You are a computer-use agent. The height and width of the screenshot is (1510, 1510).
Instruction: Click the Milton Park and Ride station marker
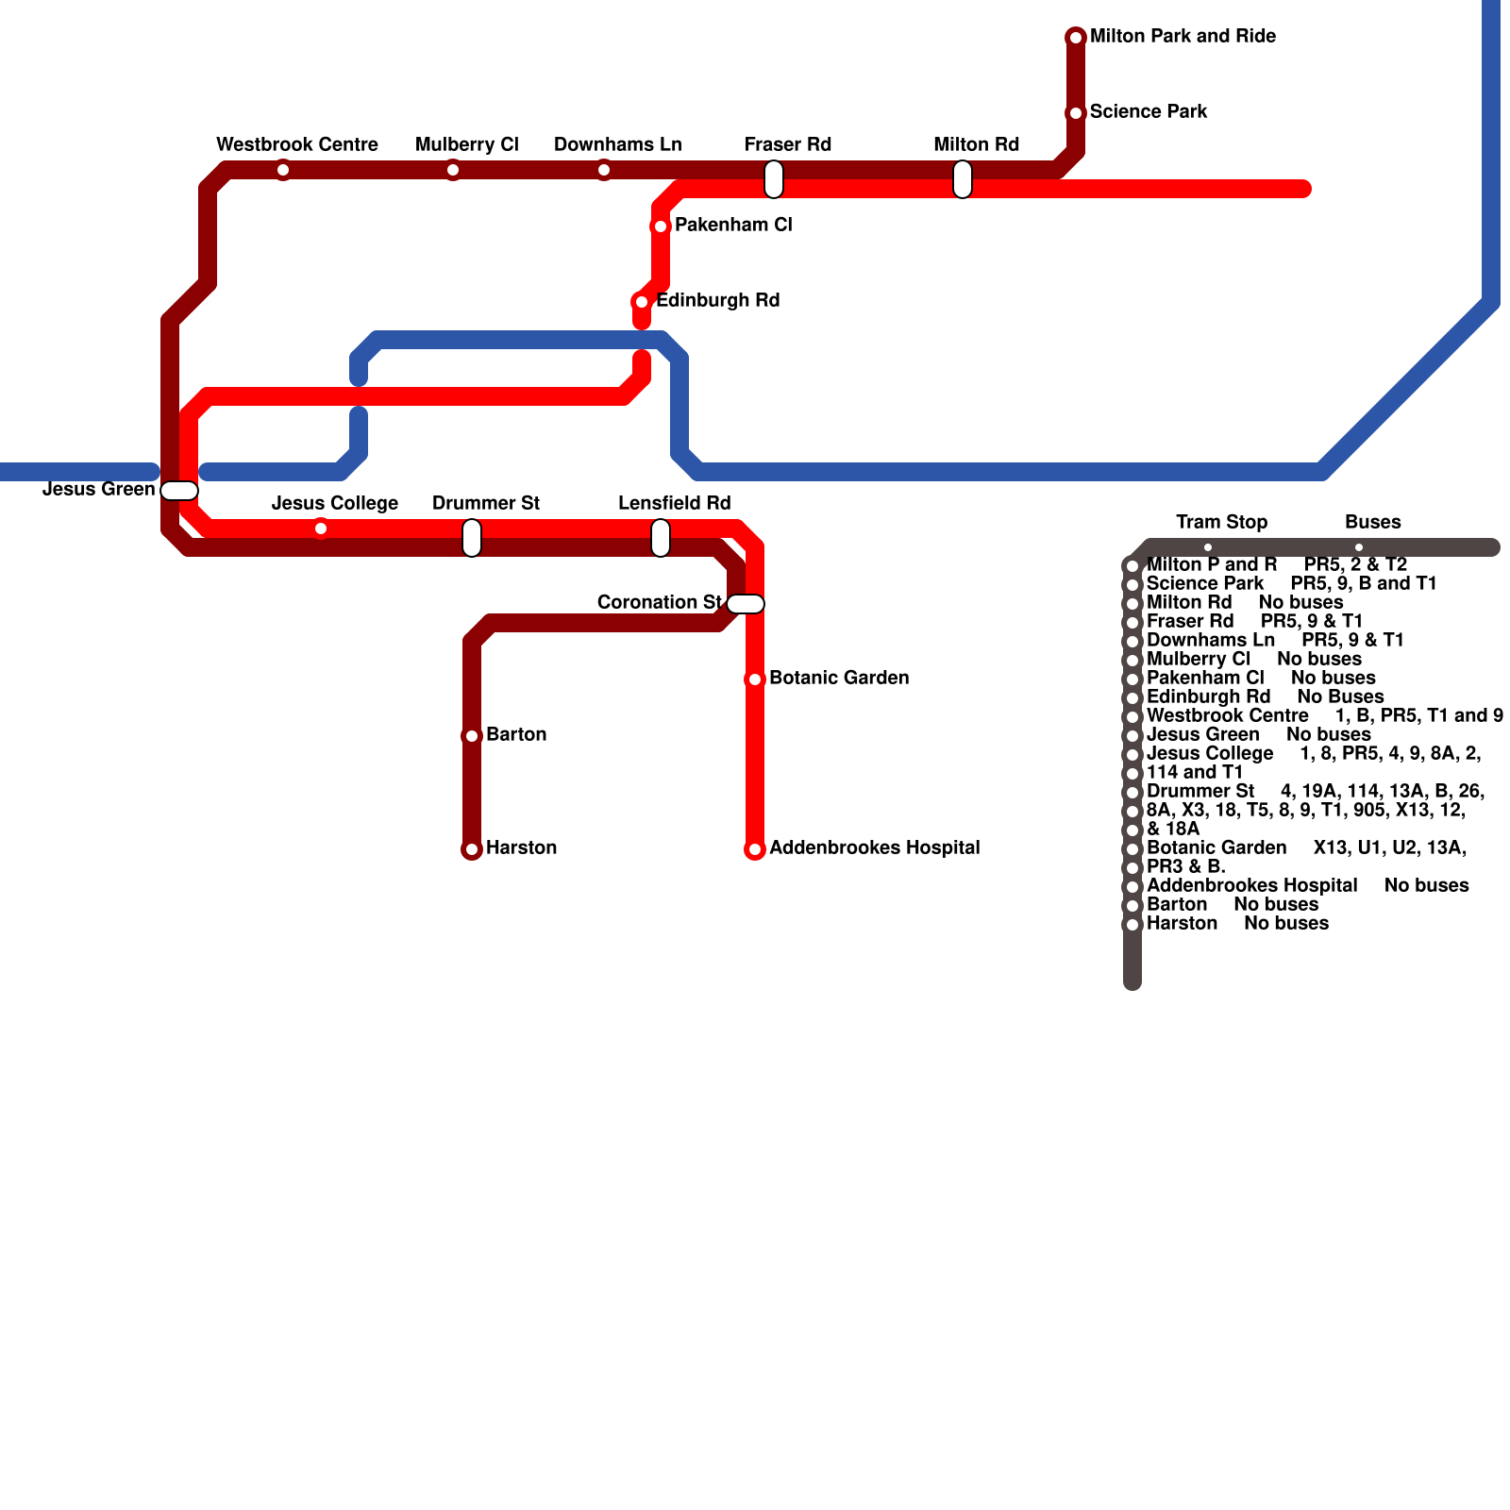[1076, 38]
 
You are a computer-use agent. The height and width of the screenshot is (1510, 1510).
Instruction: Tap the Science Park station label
[1149, 111]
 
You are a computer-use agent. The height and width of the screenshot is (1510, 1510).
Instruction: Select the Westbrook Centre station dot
[283, 170]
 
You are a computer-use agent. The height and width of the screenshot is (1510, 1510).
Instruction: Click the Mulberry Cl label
[467, 144]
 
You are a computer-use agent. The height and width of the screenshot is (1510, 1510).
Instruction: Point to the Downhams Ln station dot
[604, 170]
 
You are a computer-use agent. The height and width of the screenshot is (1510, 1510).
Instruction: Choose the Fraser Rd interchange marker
[774, 179]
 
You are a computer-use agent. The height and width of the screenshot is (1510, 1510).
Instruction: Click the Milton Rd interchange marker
[963, 179]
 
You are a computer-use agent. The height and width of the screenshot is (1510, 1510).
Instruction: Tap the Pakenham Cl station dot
[661, 226]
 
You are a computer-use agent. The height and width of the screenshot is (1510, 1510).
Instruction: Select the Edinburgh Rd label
[717, 300]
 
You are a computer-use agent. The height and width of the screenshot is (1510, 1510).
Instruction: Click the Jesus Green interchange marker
[179, 491]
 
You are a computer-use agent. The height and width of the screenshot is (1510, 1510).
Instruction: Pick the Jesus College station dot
[321, 528]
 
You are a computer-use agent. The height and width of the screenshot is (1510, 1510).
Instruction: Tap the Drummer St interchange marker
[472, 538]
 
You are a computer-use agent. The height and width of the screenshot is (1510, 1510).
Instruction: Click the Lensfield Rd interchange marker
[661, 538]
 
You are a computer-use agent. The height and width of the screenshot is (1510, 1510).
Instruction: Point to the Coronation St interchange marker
[746, 604]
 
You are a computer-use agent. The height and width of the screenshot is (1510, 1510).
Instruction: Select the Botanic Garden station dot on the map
[755, 679]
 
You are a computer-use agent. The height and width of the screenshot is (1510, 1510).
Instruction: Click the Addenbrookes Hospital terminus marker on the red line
[755, 849]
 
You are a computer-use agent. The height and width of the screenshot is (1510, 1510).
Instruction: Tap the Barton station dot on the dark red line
[472, 736]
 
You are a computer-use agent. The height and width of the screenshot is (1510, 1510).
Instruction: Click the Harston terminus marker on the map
[472, 849]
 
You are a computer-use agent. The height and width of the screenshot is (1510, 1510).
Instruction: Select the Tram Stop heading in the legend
[1221, 522]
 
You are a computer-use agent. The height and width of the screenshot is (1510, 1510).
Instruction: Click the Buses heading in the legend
[1372, 522]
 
